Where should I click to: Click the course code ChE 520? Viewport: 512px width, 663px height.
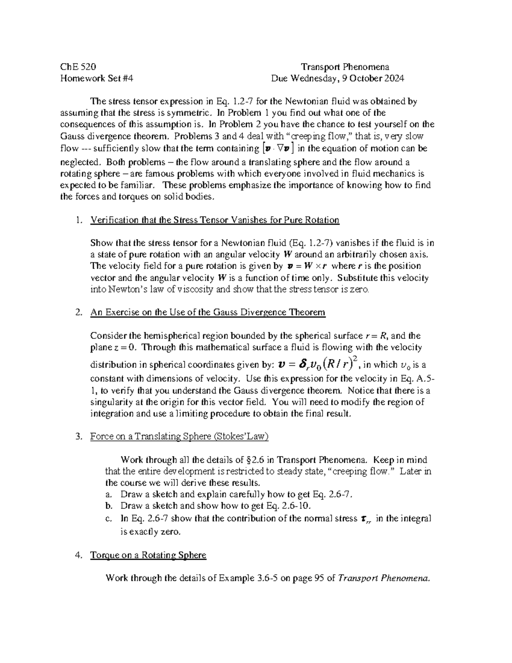coord(78,67)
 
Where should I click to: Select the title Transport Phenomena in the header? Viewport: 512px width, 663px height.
coord(345,67)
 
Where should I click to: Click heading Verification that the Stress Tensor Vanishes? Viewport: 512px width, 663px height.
coord(215,220)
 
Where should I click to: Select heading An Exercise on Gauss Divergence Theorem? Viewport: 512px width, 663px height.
coord(208,313)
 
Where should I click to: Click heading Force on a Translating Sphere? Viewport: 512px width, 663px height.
coord(179,436)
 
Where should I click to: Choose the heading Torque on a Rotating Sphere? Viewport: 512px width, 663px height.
coord(148,555)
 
